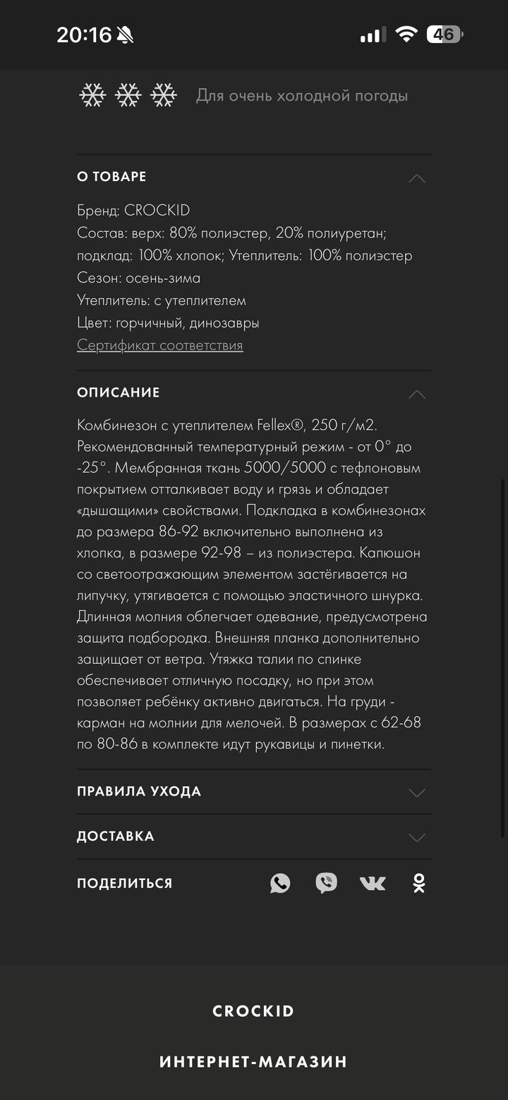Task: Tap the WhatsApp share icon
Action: [280, 883]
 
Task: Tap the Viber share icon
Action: [326, 883]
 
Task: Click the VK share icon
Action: [373, 883]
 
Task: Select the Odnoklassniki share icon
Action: [419, 883]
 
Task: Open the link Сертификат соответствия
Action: [159, 345]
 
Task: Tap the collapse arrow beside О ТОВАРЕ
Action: [417, 178]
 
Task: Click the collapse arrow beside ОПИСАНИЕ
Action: [417, 393]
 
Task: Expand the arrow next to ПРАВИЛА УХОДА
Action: [417, 792]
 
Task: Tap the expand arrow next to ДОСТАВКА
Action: [417, 837]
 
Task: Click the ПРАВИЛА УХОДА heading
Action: [139, 791]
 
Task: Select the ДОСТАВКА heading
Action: [115, 836]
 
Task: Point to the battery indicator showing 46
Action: [445, 34]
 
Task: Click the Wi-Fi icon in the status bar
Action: [406, 34]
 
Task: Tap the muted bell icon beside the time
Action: [126, 35]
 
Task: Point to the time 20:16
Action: [84, 35]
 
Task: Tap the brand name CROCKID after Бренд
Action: [157, 210]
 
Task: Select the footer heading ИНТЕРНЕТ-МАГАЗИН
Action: [253, 1061]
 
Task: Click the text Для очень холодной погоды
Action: [301, 96]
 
